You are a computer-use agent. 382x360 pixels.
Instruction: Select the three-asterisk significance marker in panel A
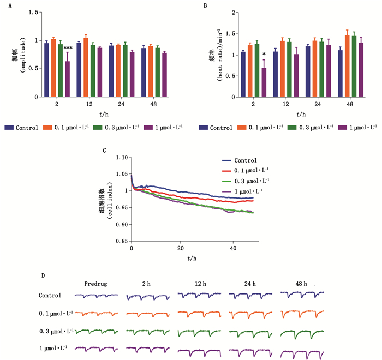(x=68, y=49)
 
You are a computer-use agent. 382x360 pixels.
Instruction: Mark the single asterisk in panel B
(x=264, y=53)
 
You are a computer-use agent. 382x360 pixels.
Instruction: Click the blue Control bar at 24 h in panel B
(x=308, y=71)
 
